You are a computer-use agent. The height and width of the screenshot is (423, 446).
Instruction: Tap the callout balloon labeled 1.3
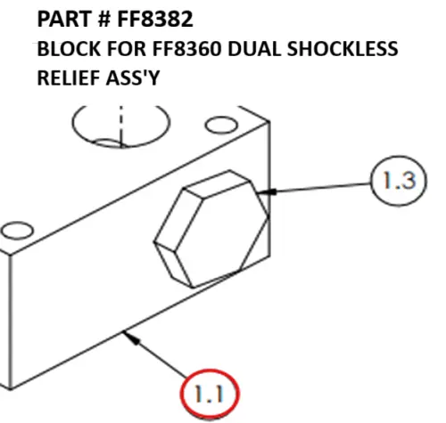point(392,182)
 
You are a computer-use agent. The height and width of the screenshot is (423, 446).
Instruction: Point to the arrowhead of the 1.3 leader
point(271,190)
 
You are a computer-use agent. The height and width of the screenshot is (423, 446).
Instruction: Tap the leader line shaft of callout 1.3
point(321,185)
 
